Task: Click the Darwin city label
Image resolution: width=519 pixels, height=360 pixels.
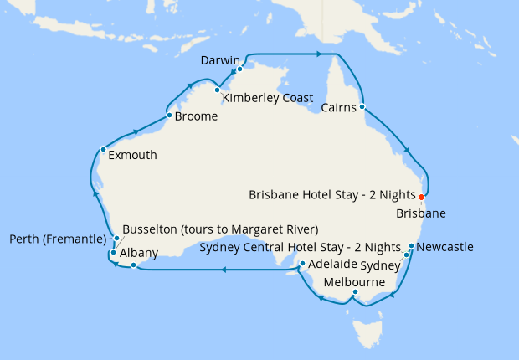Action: (221, 60)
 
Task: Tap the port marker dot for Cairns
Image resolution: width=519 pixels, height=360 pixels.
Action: (362, 107)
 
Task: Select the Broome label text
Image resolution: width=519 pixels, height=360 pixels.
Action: (197, 117)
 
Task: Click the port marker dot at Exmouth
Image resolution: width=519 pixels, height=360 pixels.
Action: (103, 150)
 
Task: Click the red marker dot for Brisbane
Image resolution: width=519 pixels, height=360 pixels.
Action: (421, 198)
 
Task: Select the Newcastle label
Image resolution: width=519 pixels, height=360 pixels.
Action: (444, 247)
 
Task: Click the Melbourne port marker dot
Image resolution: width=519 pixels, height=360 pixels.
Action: (355, 292)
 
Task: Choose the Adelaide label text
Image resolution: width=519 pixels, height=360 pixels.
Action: (332, 265)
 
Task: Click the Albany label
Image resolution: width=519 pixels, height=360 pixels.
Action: (139, 252)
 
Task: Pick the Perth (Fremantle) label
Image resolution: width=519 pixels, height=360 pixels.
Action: (58, 239)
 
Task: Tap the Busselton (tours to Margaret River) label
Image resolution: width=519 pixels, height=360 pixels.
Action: (220, 229)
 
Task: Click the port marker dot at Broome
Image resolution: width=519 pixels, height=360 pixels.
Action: (169, 116)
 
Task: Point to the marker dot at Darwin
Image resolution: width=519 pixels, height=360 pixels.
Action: (239, 69)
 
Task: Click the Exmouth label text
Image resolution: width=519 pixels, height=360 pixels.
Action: (132, 155)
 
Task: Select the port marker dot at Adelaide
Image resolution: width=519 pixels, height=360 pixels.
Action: (301, 264)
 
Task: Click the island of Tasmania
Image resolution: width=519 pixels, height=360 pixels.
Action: (365, 333)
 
